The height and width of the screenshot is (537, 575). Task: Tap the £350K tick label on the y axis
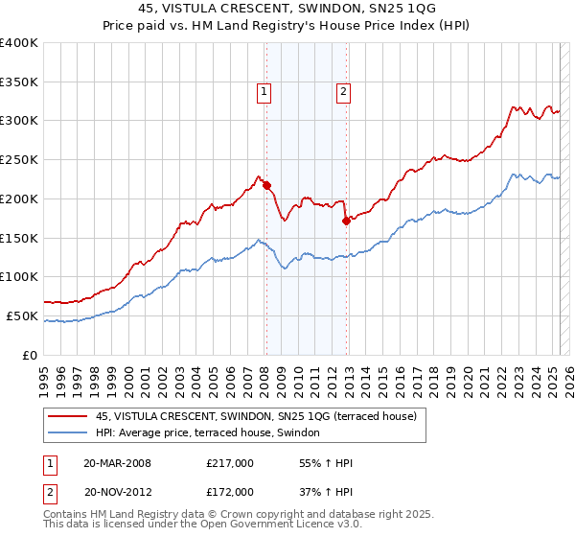pos(19,82)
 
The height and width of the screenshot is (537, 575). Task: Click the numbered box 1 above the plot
pos(264,92)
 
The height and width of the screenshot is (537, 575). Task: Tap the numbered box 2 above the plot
pos(342,92)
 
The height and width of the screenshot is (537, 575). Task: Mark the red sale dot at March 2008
pos(267,185)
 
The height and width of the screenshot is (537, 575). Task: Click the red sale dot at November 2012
pos(346,220)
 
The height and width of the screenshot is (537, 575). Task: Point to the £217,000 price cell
pos(230,463)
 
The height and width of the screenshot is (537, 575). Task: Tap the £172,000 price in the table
pos(230,492)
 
